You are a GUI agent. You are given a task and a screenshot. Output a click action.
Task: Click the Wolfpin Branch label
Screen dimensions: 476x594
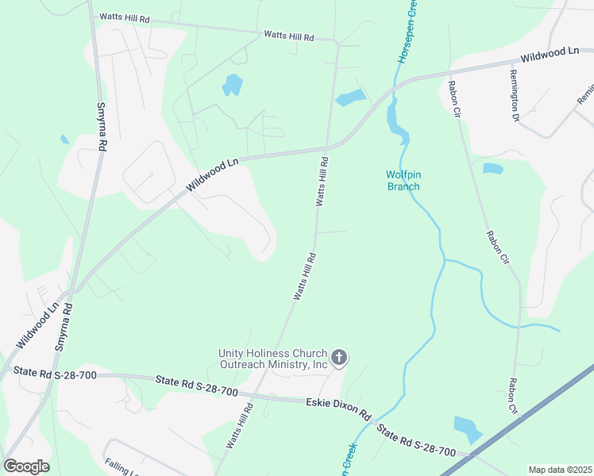tap(403, 181)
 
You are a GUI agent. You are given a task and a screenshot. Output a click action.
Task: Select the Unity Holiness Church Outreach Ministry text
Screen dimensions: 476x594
tap(274, 359)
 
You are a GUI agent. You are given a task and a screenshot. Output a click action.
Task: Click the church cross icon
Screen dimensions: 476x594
tap(339, 358)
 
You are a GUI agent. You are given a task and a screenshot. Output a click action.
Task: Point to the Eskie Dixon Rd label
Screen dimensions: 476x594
tap(338, 409)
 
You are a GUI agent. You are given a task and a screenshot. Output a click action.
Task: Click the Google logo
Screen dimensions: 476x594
tap(26, 466)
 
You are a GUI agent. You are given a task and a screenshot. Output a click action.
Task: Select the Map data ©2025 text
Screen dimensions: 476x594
tap(560, 470)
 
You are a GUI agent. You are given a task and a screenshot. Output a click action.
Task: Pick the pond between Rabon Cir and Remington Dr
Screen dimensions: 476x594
tap(492, 168)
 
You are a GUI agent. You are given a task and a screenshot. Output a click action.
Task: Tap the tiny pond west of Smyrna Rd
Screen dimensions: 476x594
tap(64, 140)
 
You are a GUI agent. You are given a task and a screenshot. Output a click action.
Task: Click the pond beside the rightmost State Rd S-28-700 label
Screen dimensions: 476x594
tap(467, 428)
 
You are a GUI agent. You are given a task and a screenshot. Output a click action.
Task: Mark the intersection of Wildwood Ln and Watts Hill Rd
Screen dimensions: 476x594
tap(326, 148)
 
